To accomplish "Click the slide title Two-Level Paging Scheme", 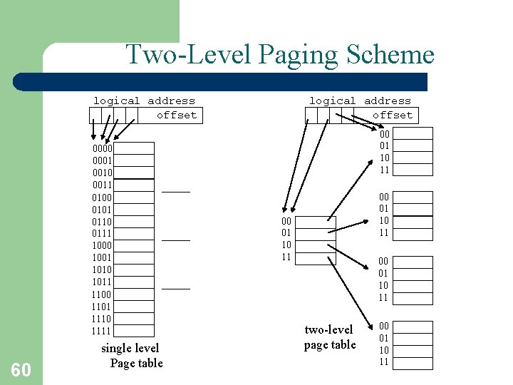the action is pyautogui.click(x=279, y=55).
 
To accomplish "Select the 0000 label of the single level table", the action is pyautogui.click(x=102, y=148).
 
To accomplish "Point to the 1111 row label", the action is pyautogui.click(x=102, y=331).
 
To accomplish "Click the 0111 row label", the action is pyautogui.click(x=102, y=233).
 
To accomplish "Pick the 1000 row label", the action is pyautogui.click(x=102, y=245).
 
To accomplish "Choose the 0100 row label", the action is pyautogui.click(x=102, y=197).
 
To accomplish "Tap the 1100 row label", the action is pyautogui.click(x=102, y=294).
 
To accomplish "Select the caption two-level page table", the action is pyautogui.click(x=329, y=337).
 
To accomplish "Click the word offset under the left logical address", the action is pyautogui.click(x=177, y=115).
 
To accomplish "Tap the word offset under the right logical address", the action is pyautogui.click(x=393, y=115).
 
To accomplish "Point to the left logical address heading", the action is pyautogui.click(x=144, y=101).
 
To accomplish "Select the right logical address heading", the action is pyautogui.click(x=360, y=101).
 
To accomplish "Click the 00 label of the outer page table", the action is pyautogui.click(x=286, y=222).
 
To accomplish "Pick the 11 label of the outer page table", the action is pyautogui.click(x=286, y=257).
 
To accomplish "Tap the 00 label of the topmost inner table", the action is pyautogui.click(x=384, y=133).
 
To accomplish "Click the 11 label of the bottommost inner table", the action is pyautogui.click(x=384, y=362).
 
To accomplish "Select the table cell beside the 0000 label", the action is pyautogui.click(x=134, y=148).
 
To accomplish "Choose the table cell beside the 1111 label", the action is pyautogui.click(x=134, y=331).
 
